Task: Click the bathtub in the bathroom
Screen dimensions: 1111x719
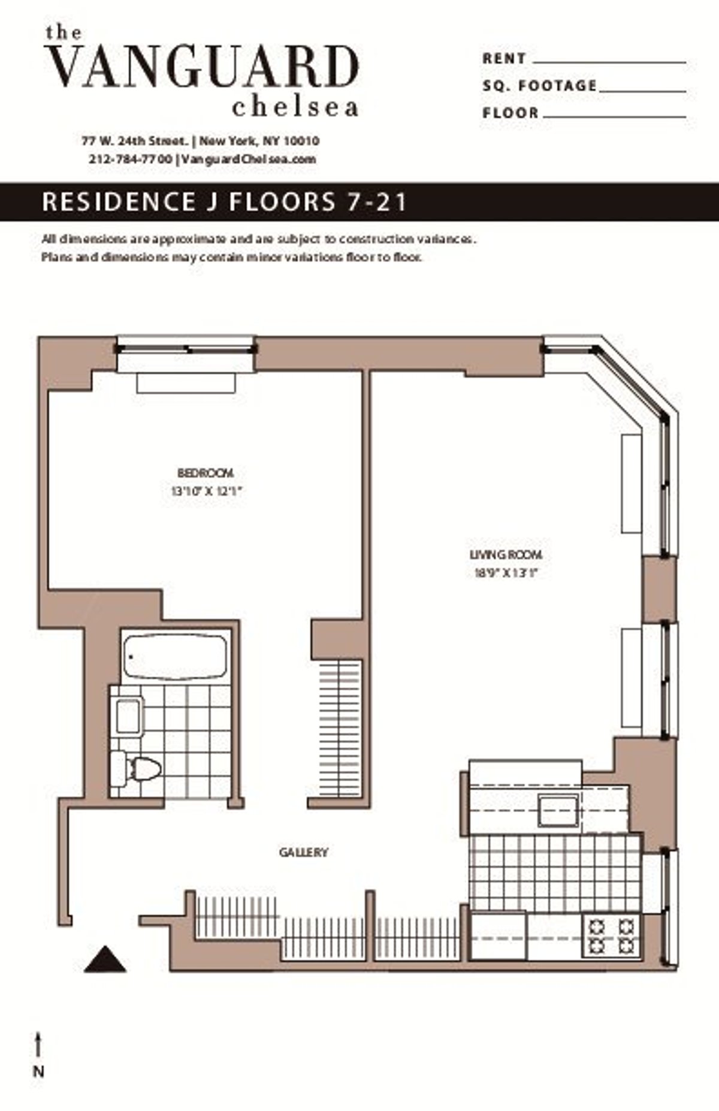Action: tap(176, 657)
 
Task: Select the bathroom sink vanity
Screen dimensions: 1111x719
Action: tap(128, 716)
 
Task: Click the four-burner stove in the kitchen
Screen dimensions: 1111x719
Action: tap(611, 937)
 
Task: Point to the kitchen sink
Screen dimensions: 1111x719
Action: tap(558, 810)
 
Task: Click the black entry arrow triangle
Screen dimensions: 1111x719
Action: tap(105, 959)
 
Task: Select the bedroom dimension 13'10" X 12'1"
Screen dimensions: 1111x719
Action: tap(206, 492)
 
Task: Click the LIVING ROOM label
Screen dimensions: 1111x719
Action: tap(506, 555)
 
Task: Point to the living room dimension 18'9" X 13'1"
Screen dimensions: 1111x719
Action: tap(506, 573)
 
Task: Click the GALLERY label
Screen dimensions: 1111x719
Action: tap(303, 852)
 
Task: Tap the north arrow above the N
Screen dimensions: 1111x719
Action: tap(38, 1045)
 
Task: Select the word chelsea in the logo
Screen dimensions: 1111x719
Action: tap(295, 108)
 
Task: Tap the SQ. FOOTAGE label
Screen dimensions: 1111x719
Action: tap(539, 86)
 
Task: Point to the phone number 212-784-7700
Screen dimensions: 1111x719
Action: tap(130, 159)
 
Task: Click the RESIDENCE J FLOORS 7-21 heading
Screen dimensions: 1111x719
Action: tap(225, 202)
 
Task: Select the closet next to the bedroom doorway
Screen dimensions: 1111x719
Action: tap(340, 728)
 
